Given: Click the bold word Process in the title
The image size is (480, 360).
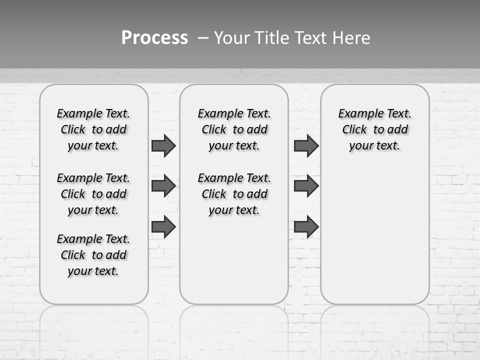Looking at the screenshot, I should coord(154,38).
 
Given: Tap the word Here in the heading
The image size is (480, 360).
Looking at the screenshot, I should coord(352,38).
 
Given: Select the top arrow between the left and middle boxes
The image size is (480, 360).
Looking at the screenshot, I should coord(163,146).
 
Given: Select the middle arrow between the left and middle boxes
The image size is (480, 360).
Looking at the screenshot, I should coord(163,186).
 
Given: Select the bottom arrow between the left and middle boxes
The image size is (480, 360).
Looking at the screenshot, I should coord(163,227).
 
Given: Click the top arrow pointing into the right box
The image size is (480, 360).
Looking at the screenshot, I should coord(306,146).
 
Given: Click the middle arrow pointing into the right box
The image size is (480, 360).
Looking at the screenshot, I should coord(306,186).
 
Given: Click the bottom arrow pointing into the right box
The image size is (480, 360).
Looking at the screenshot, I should coord(306,227).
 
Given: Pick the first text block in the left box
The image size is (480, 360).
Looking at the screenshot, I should coord(93,129).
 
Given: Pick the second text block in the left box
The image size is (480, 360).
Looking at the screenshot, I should coord(93,194).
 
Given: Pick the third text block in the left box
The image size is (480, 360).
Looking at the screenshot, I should coord(93,255).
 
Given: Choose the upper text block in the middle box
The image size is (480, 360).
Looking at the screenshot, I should coord(234,129).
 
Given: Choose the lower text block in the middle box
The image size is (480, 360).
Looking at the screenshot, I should coord(234,194).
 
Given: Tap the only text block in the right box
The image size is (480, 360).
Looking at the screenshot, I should coord(374,129).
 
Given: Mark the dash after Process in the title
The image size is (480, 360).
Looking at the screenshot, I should coord(202,38).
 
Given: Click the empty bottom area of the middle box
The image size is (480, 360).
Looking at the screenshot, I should coord(234,265).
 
